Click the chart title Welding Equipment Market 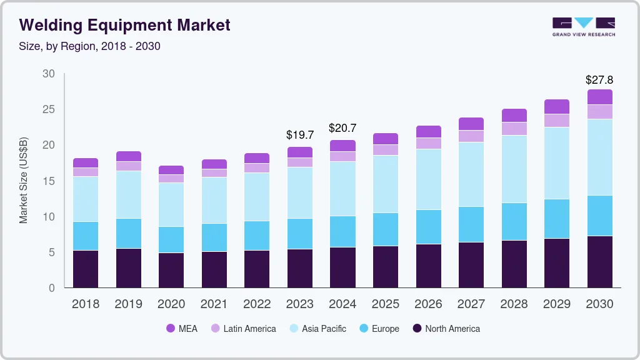pyautogui.click(x=125, y=25)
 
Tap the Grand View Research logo pyautogui.click(x=583, y=26)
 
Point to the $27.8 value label pyautogui.click(x=599, y=80)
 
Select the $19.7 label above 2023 pyautogui.click(x=299, y=134)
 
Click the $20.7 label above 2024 pyautogui.click(x=342, y=128)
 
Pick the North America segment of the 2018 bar pyautogui.click(x=86, y=269)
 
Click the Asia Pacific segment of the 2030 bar pyautogui.click(x=599, y=157)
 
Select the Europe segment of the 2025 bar pyautogui.click(x=386, y=229)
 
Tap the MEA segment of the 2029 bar pyautogui.click(x=557, y=106)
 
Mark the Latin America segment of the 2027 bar pyautogui.click(x=471, y=136)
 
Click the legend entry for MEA pyautogui.click(x=182, y=328)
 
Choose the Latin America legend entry pyautogui.click(x=243, y=328)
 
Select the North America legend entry pyautogui.click(x=446, y=328)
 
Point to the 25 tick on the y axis pyautogui.click(x=49, y=109)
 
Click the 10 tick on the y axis pyautogui.click(x=49, y=217)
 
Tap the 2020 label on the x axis pyautogui.click(x=171, y=304)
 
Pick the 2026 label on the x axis pyautogui.click(x=428, y=304)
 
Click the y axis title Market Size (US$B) pyautogui.click(x=24, y=181)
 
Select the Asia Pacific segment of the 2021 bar pyautogui.click(x=214, y=200)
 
